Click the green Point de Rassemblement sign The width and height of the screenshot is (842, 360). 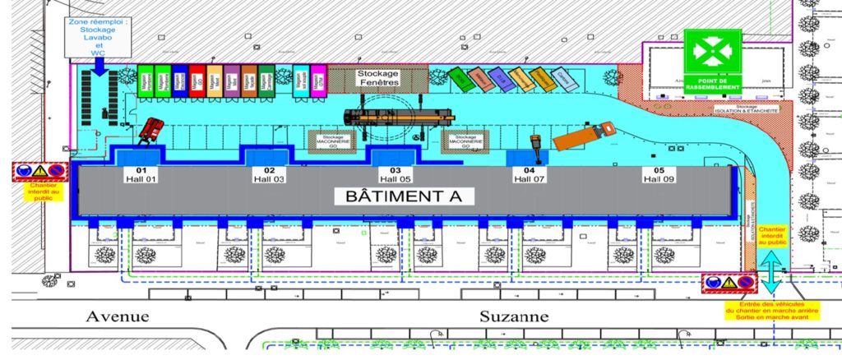[713, 61]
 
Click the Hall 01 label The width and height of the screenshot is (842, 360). [136, 175]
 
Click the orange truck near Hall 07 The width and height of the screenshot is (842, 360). [583, 136]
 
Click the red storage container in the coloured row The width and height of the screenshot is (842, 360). [197, 81]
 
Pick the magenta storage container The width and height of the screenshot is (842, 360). [317, 82]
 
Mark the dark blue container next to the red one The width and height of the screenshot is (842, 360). [179, 81]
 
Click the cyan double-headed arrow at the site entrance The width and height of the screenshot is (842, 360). [770, 272]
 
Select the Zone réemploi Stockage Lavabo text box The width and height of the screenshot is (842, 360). [99, 36]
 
